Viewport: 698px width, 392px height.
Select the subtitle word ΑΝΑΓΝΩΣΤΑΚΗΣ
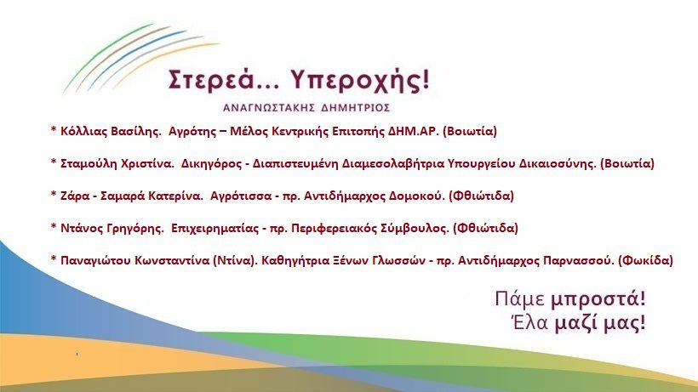tap(269, 108)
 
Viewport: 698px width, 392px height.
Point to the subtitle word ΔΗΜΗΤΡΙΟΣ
tap(355, 108)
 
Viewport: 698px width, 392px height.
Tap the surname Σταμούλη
tap(89, 163)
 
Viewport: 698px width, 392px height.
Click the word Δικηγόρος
tap(212, 164)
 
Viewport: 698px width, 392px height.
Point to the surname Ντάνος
tap(83, 229)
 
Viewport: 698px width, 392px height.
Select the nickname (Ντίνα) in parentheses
tap(236, 260)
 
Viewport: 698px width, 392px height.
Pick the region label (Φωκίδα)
tap(646, 260)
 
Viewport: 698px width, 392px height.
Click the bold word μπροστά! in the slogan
tap(598, 299)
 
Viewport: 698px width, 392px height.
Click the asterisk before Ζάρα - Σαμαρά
tap(54, 194)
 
